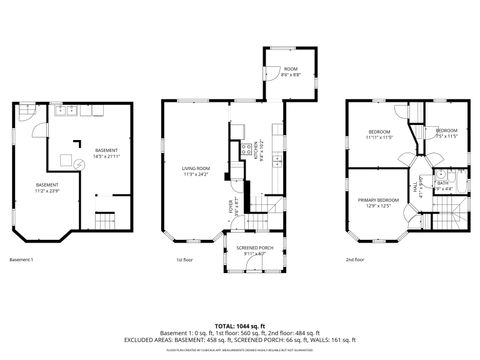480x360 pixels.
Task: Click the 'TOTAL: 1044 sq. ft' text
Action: point(240,327)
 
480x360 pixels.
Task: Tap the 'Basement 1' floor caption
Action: point(21,260)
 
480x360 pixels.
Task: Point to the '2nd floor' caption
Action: point(355,260)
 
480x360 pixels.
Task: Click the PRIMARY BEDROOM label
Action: point(378,202)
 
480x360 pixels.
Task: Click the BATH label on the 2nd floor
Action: point(442,185)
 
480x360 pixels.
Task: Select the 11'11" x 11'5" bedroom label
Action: point(378,135)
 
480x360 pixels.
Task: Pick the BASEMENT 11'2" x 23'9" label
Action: point(46,187)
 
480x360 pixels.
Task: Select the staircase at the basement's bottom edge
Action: point(107,219)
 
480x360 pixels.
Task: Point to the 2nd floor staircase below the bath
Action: point(456,213)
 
